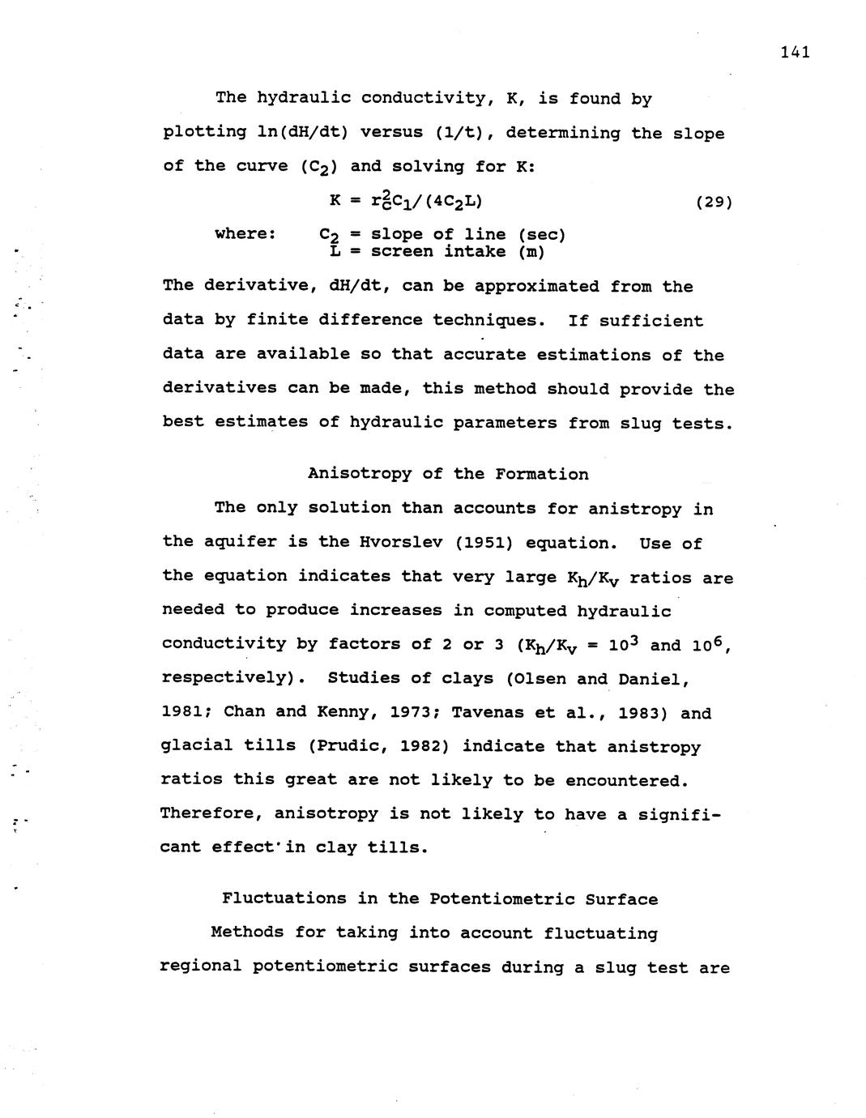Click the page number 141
click(796, 53)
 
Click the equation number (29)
click(714, 202)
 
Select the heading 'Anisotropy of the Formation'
click(448, 474)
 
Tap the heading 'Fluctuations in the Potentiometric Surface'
click(440, 899)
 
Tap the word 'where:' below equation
click(245, 234)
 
